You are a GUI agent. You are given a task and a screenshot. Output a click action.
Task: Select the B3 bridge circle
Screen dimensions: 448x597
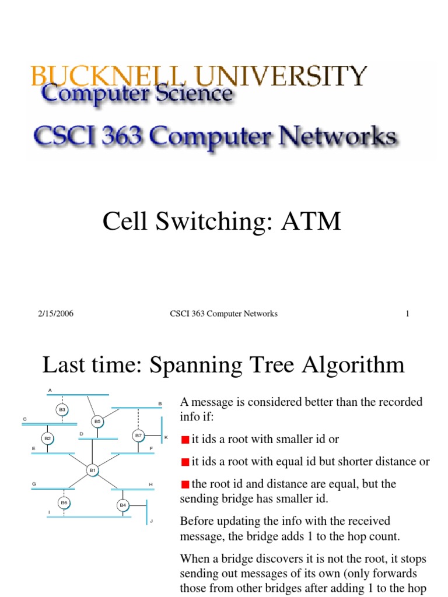tap(62, 410)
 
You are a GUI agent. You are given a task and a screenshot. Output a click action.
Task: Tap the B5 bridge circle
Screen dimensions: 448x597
tap(97, 421)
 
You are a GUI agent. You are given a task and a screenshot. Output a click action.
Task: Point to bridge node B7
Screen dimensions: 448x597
tap(138, 435)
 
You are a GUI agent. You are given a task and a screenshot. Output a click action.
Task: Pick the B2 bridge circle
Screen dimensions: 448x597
tap(48, 438)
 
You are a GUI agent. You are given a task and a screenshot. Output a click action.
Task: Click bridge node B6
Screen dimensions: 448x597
tap(64, 501)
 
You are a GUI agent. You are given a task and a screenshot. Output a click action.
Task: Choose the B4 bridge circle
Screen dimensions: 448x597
tap(123, 505)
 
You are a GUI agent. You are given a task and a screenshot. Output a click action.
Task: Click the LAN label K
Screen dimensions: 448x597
tap(166, 437)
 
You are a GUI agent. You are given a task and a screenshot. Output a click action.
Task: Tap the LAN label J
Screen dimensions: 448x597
tap(151, 521)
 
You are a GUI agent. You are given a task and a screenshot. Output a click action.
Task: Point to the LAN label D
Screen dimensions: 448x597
tap(82, 434)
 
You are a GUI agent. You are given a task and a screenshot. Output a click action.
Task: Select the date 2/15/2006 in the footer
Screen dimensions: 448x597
tap(56, 314)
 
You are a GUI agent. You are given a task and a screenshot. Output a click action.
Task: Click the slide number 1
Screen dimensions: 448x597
tap(408, 314)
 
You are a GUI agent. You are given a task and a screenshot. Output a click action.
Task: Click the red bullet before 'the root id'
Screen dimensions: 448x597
tap(185, 483)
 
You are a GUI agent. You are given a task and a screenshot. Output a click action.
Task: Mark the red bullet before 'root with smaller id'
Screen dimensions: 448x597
tap(185, 440)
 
